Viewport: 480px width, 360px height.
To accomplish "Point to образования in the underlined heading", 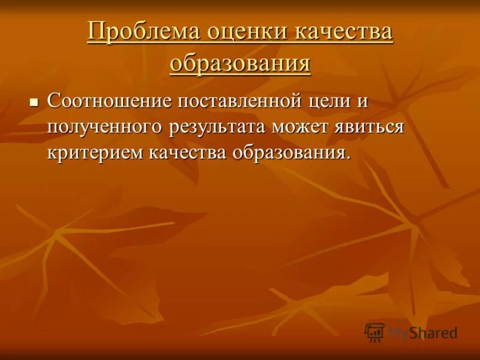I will tap(240, 62).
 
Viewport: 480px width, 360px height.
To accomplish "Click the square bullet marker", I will tap(34, 102).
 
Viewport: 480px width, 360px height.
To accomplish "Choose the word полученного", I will tap(108, 127).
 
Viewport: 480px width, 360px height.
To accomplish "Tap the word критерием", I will tap(96, 152).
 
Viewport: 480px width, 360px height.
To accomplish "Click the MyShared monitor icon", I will tap(374, 332).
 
